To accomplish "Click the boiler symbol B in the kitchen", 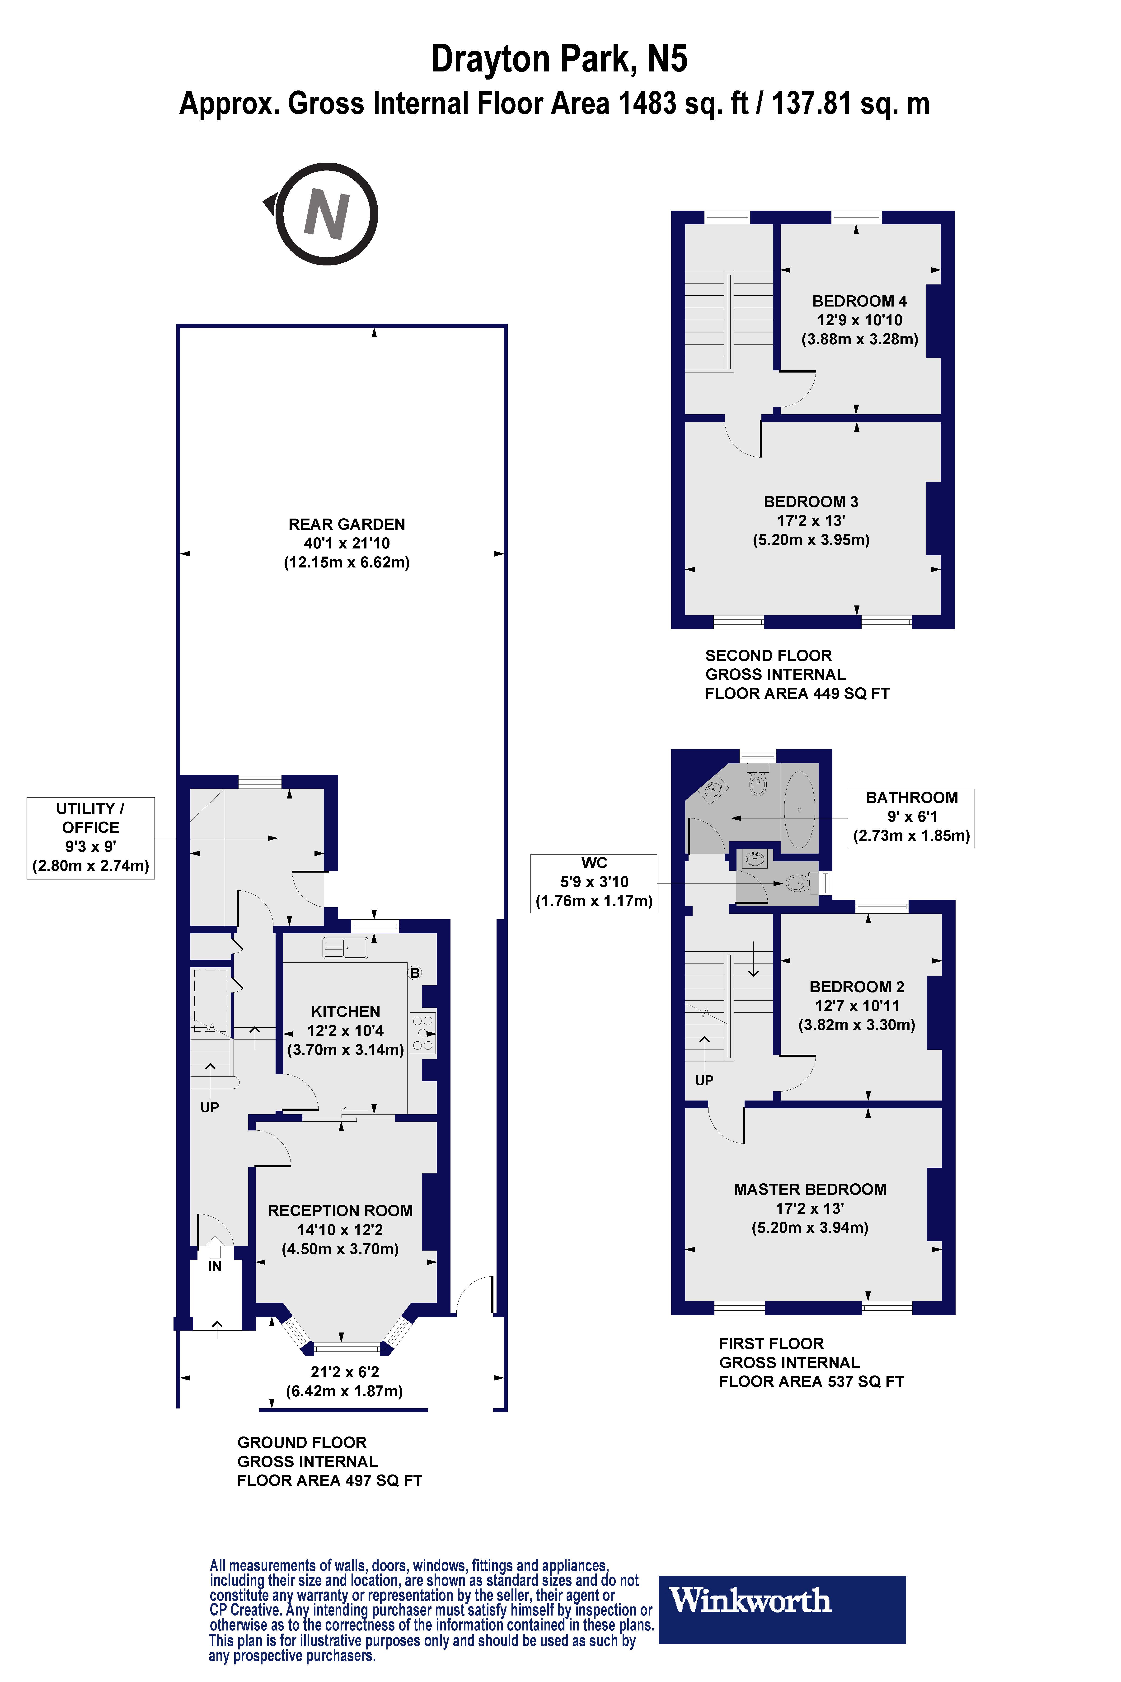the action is pyautogui.click(x=415, y=973).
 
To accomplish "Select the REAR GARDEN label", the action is pyautogui.click(x=347, y=524).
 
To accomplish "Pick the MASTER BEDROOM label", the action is pyautogui.click(x=810, y=1189).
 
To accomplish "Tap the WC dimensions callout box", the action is pyautogui.click(x=594, y=883).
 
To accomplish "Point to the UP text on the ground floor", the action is pyautogui.click(x=210, y=1108).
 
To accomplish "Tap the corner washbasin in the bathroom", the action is pyautogui.click(x=713, y=789).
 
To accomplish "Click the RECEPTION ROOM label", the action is pyautogui.click(x=340, y=1211).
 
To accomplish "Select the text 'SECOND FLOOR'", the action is pyautogui.click(x=769, y=656).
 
